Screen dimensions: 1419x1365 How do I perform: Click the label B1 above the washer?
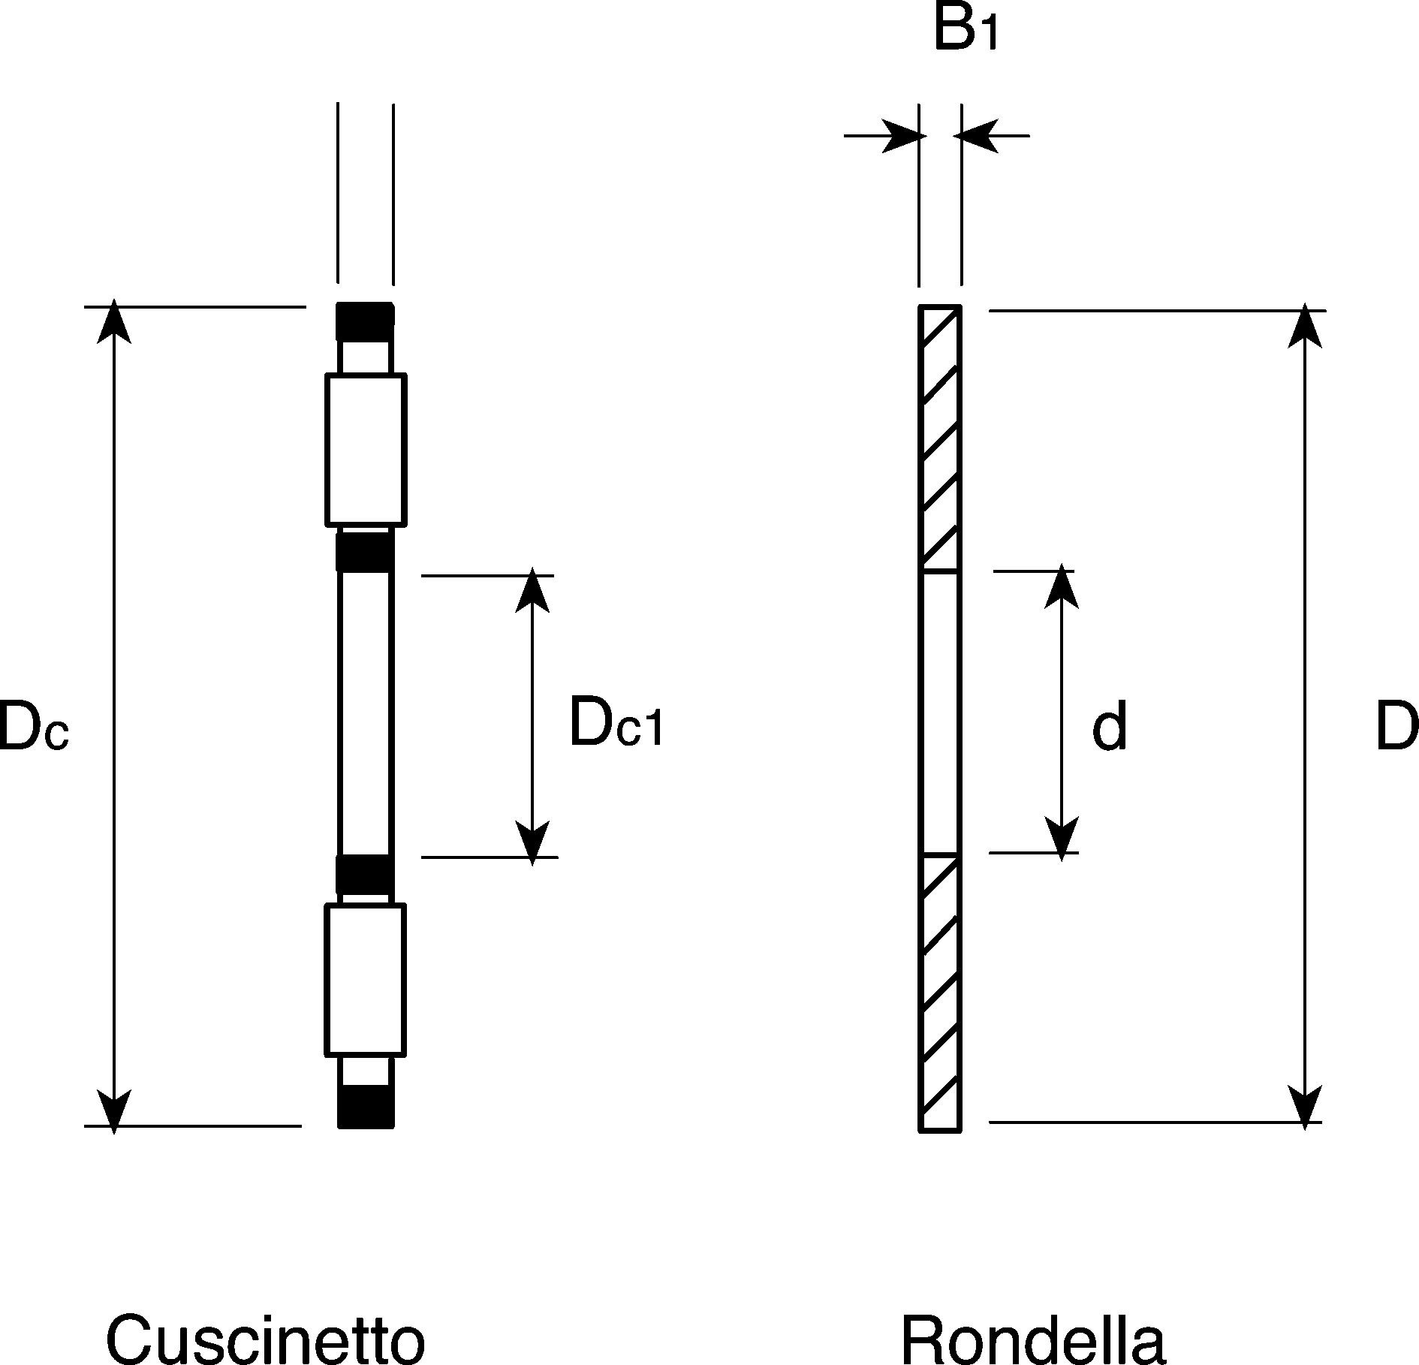[966, 30]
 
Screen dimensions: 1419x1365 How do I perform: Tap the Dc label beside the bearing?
[33, 725]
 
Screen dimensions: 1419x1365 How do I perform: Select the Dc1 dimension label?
[616, 722]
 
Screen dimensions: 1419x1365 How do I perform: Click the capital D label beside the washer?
[1396, 727]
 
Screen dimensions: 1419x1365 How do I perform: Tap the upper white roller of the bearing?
[366, 450]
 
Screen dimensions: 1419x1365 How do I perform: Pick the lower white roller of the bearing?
[365, 980]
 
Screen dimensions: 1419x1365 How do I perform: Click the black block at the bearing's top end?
[365, 321]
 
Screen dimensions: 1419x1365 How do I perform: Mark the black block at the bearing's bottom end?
[366, 1106]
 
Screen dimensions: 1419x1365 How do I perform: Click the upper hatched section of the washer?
[940, 438]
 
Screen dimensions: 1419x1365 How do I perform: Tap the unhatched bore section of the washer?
[940, 714]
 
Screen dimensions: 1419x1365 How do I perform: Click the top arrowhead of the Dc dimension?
[113, 321]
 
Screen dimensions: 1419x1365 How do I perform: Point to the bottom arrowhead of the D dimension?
[1306, 1107]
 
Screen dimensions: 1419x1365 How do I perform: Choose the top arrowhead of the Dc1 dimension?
[532, 589]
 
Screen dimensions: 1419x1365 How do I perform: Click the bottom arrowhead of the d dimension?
[1061, 839]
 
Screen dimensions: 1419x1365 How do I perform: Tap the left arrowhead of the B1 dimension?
[903, 136]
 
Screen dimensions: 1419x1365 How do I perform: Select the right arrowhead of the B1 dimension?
[976, 136]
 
